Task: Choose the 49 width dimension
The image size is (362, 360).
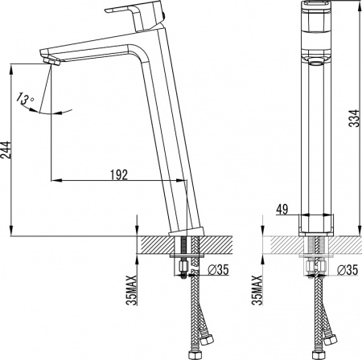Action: [282, 207]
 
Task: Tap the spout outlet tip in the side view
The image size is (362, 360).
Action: [50, 61]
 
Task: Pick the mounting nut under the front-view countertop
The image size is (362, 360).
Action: [315, 262]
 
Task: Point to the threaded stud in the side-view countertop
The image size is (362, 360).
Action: [186, 244]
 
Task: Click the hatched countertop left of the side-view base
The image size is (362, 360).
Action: [153, 243]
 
